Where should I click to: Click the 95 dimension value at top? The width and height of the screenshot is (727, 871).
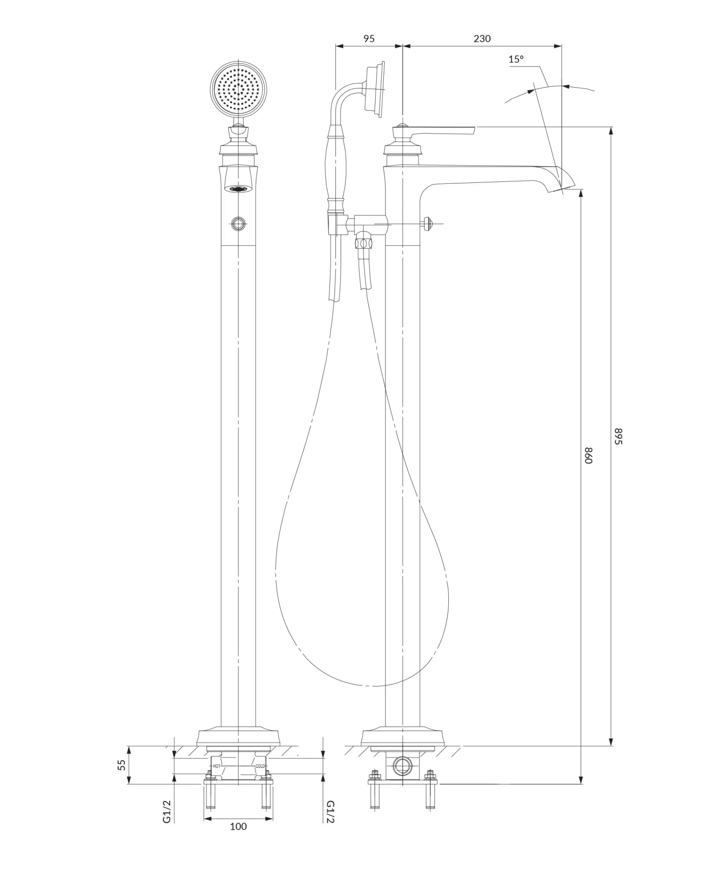369,39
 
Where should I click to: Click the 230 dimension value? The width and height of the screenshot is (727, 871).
482,39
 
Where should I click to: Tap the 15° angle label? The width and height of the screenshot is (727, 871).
516,60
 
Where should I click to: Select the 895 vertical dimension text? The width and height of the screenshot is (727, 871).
618,436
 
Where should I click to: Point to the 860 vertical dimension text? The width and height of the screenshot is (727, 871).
588,455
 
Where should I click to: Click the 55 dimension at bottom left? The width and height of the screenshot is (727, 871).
122,765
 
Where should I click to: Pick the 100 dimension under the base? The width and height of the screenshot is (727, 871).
238,826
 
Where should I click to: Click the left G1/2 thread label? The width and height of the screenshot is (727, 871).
167,811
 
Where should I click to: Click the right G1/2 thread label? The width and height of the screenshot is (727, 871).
330,811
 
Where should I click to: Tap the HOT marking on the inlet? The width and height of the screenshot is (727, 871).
217,766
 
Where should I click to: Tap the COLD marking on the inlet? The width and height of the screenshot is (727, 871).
260,766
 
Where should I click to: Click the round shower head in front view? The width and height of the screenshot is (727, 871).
238,89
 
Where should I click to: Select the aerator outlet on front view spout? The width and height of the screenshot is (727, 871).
238,189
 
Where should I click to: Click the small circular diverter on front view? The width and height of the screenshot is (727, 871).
238,223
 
